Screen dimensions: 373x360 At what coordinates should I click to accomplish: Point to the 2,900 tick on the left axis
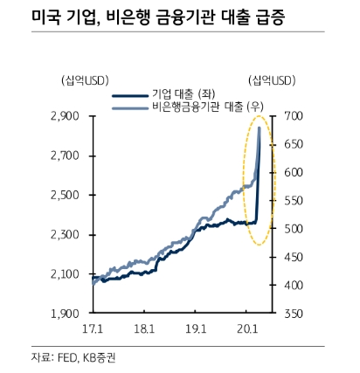(65, 116)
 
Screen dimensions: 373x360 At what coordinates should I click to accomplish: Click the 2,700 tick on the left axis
(65, 155)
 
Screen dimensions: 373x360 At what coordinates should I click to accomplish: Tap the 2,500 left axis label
(65, 195)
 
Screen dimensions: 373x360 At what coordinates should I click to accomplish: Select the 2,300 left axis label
(65, 234)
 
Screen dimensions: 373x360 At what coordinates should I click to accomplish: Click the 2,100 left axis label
(65, 273)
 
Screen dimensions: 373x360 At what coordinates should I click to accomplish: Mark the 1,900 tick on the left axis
(65, 313)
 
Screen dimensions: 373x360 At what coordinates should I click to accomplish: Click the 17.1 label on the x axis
(92, 328)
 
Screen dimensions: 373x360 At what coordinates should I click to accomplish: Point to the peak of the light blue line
(260, 128)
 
